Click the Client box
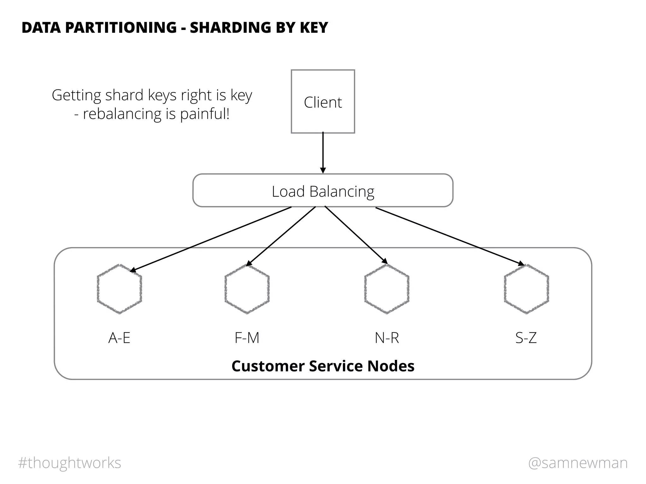click(323, 101)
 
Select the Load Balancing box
click(323, 191)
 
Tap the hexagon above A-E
click(119, 289)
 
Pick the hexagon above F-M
click(247, 289)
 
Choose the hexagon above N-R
click(387, 289)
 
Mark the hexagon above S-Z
click(526, 289)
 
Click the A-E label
click(119, 338)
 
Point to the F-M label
click(247, 338)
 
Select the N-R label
click(387, 338)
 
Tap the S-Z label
click(526, 338)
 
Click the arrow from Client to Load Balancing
click(323, 153)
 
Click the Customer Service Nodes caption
click(323, 366)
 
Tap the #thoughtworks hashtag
click(69, 463)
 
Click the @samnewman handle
click(578, 463)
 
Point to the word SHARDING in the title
click(230, 27)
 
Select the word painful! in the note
click(205, 114)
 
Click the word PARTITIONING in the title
click(121, 27)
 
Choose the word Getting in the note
click(77, 95)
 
